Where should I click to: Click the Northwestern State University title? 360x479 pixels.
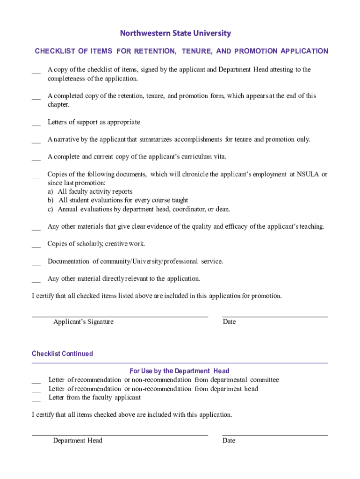tap(175, 33)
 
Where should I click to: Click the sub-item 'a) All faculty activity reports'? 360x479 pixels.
tap(90, 192)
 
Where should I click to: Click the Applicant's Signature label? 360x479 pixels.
tap(83, 322)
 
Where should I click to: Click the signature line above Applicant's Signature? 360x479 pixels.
tap(120, 317)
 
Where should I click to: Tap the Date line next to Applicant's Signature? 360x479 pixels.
tap(275, 317)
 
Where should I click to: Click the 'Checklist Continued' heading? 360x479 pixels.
tap(62, 354)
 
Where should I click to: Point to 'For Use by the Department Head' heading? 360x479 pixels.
tap(180, 371)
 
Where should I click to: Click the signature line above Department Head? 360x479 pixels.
tap(120, 435)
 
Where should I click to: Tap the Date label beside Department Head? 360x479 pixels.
tap(229, 441)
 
